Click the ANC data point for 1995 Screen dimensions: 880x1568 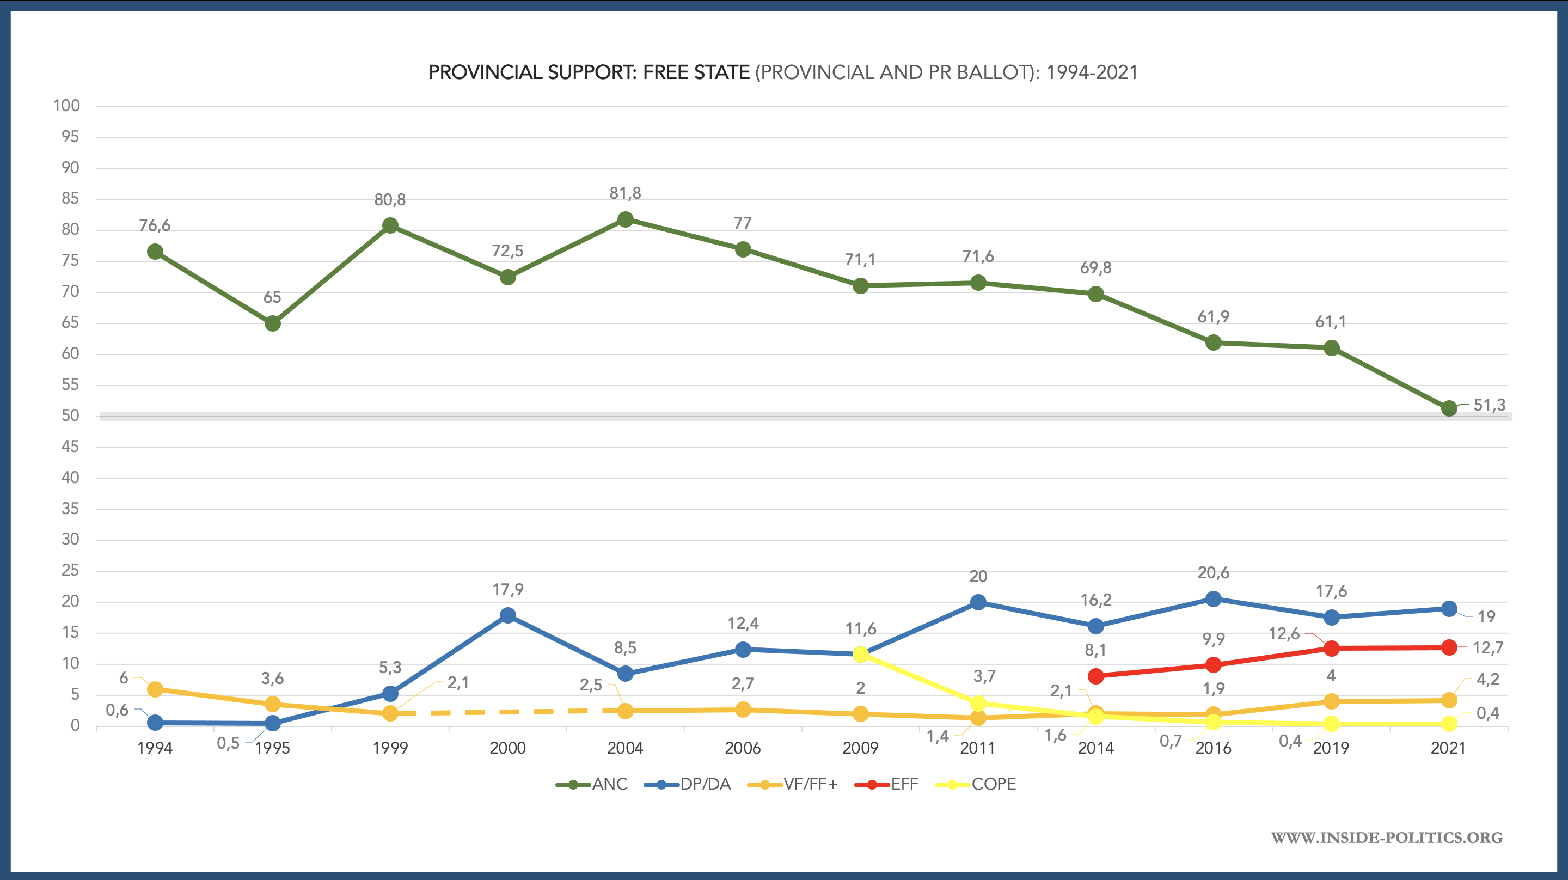(273, 323)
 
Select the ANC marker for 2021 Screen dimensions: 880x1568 (1449, 408)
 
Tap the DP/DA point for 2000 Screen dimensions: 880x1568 (507, 616)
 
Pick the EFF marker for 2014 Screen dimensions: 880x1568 (1095, 676)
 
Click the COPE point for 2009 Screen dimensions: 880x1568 (860, 655)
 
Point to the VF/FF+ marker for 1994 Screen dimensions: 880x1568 (155, 689)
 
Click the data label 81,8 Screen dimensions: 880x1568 (625, 194)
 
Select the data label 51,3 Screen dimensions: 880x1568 (1489, 405)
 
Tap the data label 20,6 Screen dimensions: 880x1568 (1213, 573)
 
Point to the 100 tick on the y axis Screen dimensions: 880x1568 (67, 106)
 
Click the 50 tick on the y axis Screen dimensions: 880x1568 (71, 416)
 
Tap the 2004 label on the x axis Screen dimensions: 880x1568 (625, 748)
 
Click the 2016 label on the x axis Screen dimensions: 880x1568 (1213, 748)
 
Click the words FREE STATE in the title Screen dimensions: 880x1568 (696, 72)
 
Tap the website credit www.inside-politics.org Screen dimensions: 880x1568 (1387, 838)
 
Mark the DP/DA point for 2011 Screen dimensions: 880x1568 (978, 603)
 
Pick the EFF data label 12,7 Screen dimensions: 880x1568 (1487, 648)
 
